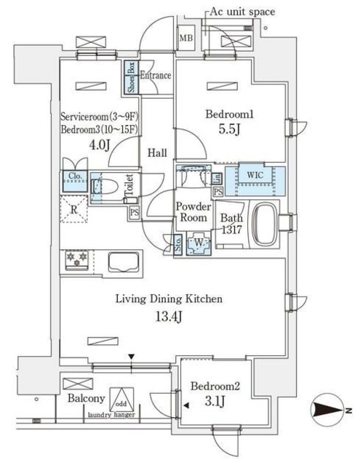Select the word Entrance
pyautogui.click(x=156, y=76)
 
